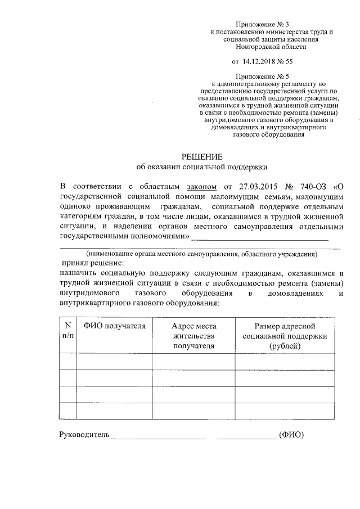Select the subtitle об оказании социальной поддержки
pyautogui.click(x=202, y=167)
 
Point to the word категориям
pyautogui.click(x=80, y=216)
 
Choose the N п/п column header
pyautogui.click(x=68, y=331)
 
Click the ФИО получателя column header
pyautogui.click(x=115, y=326)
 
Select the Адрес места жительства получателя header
pyautogui.click(x=194, y=336)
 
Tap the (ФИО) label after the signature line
pyautogui.click(x=291, y=435)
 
